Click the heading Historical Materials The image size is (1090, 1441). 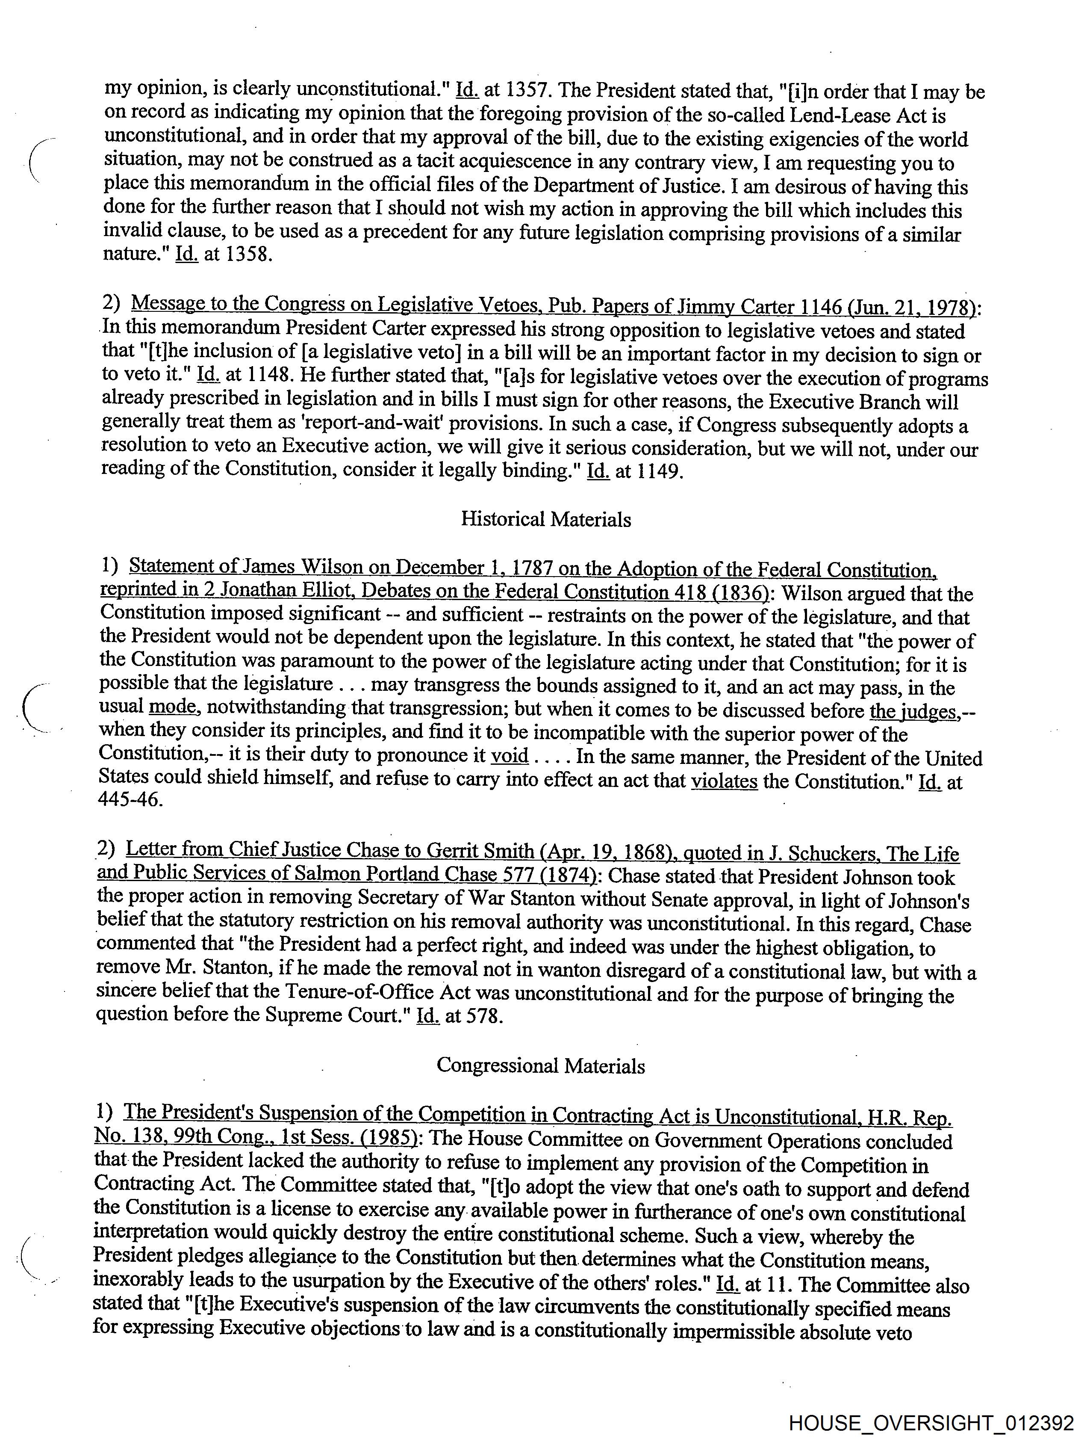546,519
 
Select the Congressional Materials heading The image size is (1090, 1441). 540,1066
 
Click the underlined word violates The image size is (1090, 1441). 724,781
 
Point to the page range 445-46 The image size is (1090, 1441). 130,799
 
